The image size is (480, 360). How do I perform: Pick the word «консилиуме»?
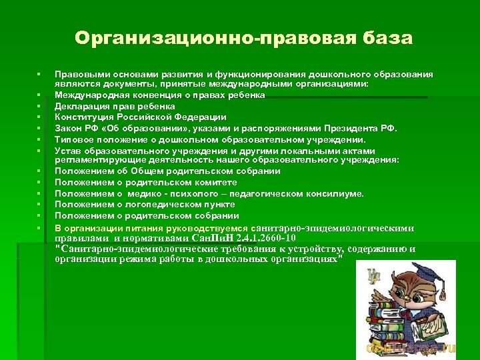click(334, 193)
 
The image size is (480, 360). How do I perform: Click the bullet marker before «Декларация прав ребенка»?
click(39, 106)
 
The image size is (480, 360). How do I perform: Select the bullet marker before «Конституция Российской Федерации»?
click(39, 117)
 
